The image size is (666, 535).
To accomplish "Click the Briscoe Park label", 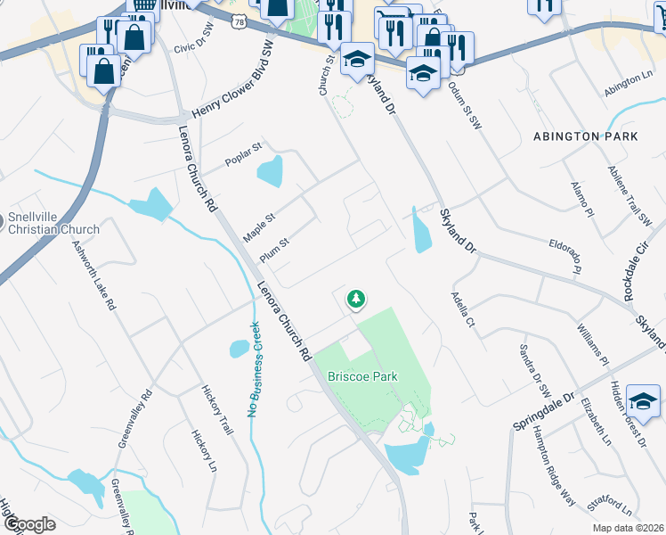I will coord(362,376).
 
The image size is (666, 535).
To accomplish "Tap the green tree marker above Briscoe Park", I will coord(356,299).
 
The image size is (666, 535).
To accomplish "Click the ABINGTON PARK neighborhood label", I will coord(586,136).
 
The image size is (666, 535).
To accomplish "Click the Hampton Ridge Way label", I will coord(552,465).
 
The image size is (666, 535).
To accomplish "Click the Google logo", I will coord(28,524).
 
